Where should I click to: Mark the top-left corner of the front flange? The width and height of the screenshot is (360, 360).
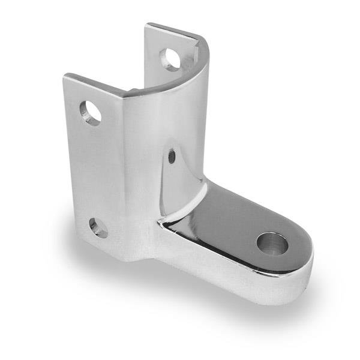coord(65,76)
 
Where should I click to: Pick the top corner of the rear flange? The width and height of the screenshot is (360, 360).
coord(148,25)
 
